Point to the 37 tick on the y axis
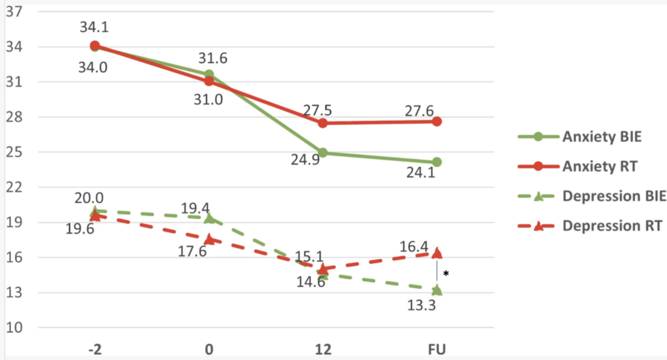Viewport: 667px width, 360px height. (14, 12)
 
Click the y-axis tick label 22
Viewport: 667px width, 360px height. (14, 187)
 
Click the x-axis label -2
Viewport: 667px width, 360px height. (95, 350)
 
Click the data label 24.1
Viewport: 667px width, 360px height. (423, 175)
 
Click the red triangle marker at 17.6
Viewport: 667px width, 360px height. (209, 238)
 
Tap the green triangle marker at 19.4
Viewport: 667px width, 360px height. (209, 217)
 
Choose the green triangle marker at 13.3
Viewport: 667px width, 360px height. (436, 290)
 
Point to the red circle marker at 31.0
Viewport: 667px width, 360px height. (209, 81)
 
